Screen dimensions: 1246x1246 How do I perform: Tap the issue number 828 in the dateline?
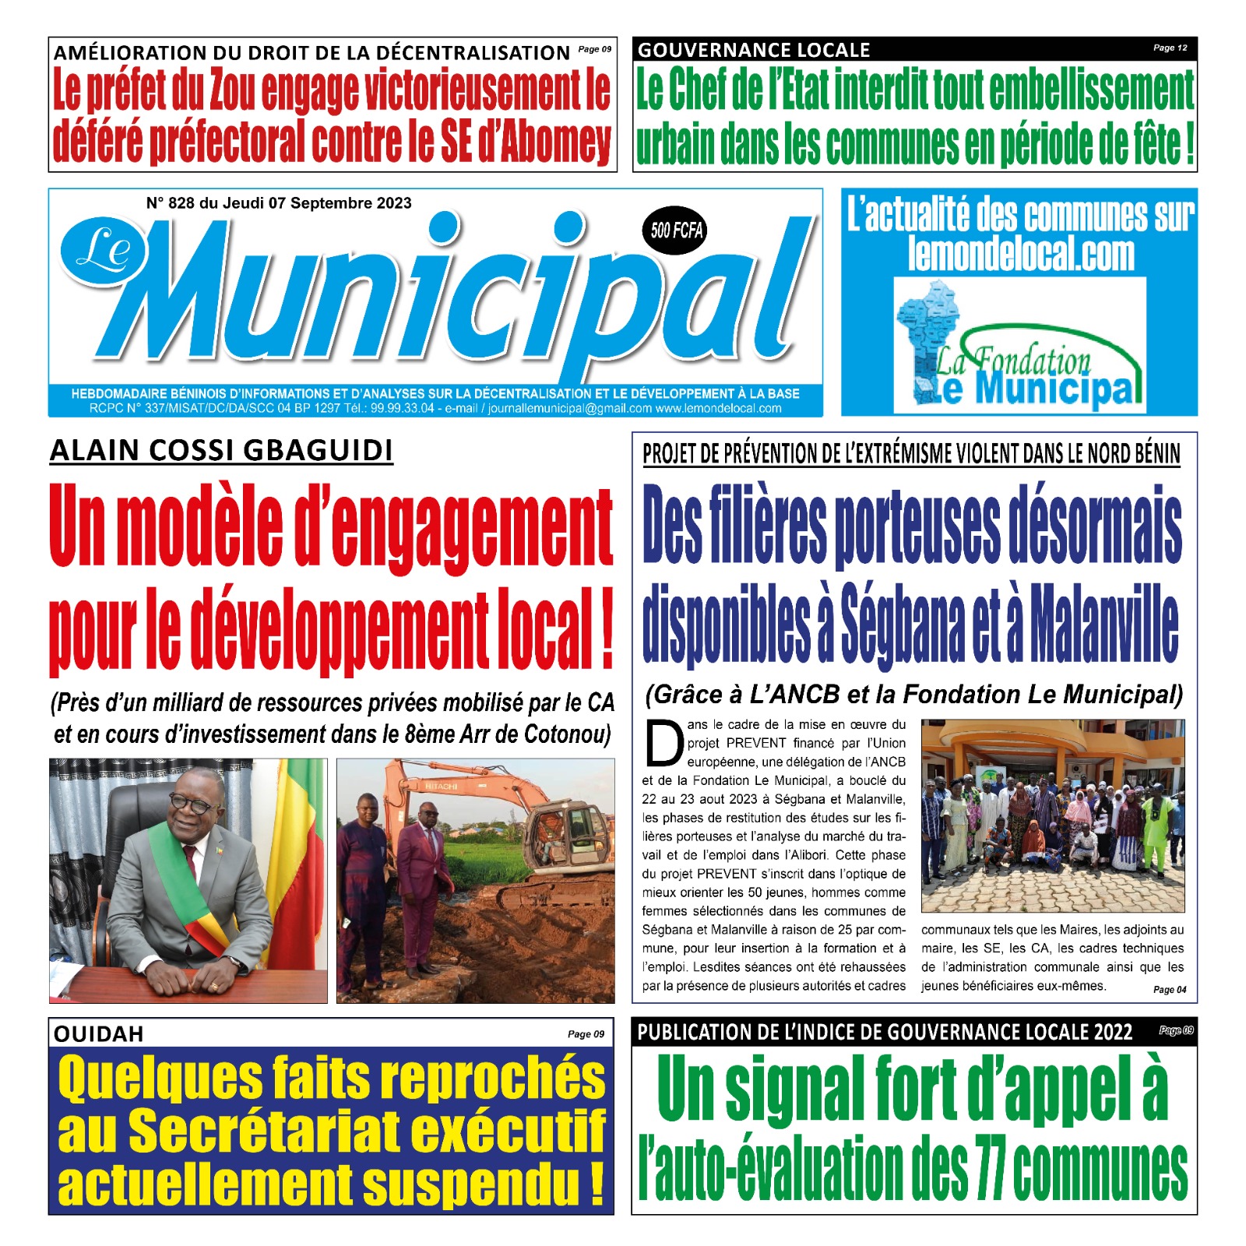click(x=181, y=203)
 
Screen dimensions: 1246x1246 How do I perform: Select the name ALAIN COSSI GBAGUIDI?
click(x=221, y=451)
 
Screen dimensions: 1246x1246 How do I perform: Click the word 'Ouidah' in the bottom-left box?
click(x=99, y=1033)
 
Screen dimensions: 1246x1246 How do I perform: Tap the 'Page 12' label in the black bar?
click(x=1170, y=48)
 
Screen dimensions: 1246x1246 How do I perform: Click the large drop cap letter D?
click(x=663, y=744)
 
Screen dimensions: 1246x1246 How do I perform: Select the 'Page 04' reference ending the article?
click(x=1170, y=990)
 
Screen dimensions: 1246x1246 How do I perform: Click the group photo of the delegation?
click(x=1052, y=815)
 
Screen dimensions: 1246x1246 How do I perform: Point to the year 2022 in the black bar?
click(x=1112, y=1033)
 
